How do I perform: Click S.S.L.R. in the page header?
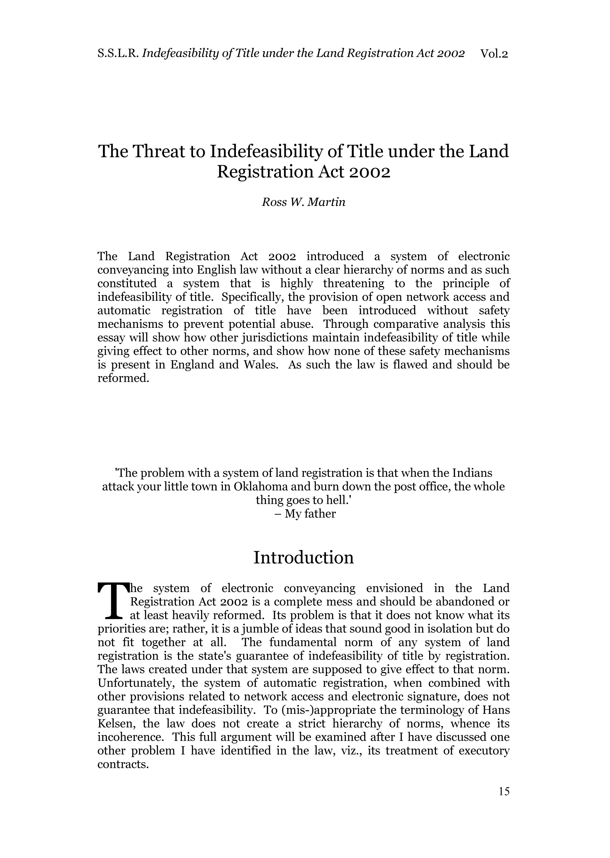click(x=118, y=54)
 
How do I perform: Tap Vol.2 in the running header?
click(x=494, y=54)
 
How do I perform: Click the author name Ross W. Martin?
click(x=303, y=202)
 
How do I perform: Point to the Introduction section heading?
click(x=303, y=557)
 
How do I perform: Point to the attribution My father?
click(x=310, y=513)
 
